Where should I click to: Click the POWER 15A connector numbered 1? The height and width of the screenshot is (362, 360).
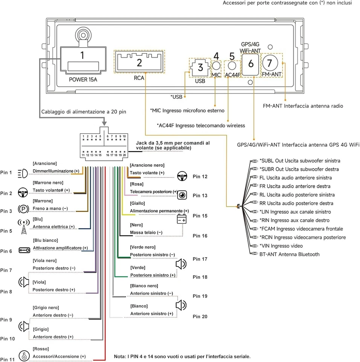coord(82,61)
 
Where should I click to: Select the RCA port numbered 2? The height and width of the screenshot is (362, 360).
coord(139,62)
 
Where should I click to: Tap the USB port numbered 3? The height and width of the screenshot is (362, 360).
coord(200,68)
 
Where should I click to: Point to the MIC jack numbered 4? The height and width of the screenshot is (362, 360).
coord(216,66)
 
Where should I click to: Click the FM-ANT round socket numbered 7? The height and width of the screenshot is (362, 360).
coord(272,62)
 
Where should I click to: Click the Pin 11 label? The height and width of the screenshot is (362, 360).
coord(7,359)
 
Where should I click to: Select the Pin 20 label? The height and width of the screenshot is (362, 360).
coord(200,317)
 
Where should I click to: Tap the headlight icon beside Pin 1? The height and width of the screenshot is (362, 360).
coord(23,173)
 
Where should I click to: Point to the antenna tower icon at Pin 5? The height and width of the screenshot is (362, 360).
coord(24,226)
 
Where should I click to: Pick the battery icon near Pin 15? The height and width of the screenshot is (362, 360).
coord(182,219)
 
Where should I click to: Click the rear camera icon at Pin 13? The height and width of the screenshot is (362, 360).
coord(182,195)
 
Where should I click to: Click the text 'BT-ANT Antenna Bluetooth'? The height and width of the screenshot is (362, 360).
coord(289,255)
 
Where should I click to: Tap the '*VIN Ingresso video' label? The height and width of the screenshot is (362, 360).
coord(281,246)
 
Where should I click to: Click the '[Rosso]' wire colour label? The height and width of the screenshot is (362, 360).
coord(41,349)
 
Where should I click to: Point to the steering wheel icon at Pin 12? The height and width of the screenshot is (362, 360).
coord(182,176)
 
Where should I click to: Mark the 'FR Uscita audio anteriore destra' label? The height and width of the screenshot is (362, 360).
coord(295,186)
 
